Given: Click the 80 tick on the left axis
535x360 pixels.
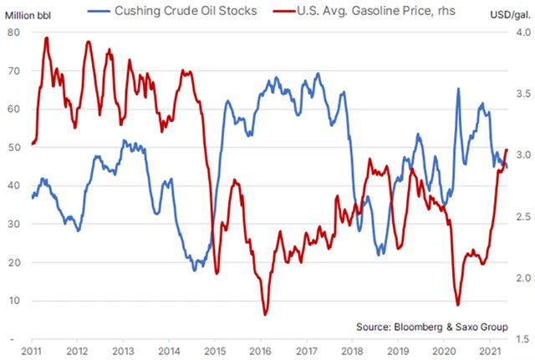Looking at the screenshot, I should (x=14, y=32).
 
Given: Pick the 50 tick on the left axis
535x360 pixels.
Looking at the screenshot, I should (x=14, y=147).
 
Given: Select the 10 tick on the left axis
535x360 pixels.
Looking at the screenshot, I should (x=14, y=301).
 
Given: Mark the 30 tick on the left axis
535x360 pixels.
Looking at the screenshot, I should (x=14, y=224).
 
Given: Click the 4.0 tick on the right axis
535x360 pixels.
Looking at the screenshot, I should (x=519, y=32).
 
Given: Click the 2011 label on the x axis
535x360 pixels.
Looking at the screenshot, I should (x=33, y=352).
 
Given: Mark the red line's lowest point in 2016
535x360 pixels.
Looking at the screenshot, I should (x=265, y=314).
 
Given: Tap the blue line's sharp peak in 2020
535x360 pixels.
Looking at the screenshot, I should (x=458, y=89).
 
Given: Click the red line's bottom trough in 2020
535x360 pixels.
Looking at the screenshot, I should (x=457, y=305).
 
